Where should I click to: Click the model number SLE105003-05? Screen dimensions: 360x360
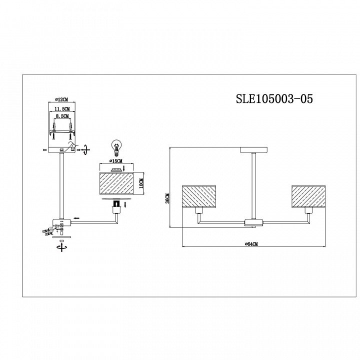click(x=274, y=98)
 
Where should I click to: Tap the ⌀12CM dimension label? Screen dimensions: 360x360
click(x=62, y=99)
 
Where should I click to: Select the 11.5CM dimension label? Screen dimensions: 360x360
click(x=62, y=108)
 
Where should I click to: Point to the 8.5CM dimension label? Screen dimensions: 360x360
click(x=62, y=116)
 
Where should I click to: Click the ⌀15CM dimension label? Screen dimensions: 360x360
click(x=116, y=161)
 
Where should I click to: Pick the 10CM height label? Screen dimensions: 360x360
click(x=141, y=183)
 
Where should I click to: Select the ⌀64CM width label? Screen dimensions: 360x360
click(x=251, y=244)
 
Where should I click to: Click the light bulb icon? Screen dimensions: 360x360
click(x=116, y=146)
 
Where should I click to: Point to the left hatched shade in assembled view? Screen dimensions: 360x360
click(x=199, y=197)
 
